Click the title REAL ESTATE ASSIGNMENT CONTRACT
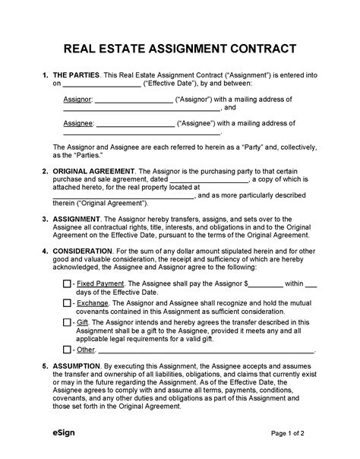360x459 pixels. pyautogui.click(x=180, y=50)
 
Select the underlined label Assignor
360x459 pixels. pyautogui.click(x=77, y=100)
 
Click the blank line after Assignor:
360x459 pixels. pyautogui.click(x=134, y=100)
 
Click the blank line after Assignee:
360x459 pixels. pyautogui.click(x=135, y=123)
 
